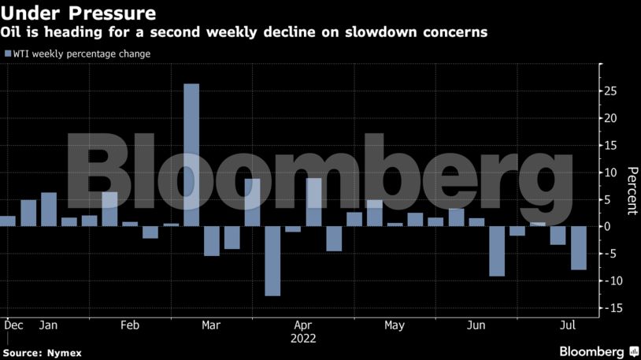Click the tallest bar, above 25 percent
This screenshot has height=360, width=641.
191,154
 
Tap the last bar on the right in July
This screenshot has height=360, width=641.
579,248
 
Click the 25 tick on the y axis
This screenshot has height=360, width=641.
611,91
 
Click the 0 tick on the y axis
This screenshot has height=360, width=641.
607,227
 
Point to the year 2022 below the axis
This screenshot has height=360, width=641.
303,339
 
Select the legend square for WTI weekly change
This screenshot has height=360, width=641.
8,54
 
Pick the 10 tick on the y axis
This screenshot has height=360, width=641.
610,173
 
